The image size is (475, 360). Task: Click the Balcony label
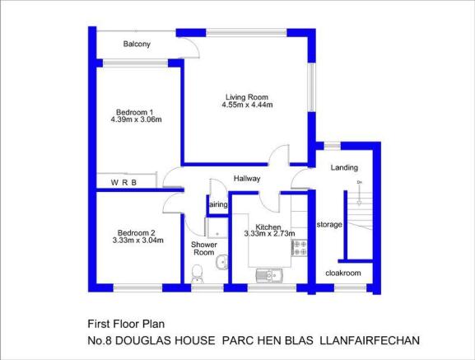[137, 44]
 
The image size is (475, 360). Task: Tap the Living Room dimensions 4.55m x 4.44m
[247, 105]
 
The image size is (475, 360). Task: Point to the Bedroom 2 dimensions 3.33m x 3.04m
[137, 241]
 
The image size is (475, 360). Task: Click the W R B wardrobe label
[123, 183]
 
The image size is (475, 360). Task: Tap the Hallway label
[247, 179]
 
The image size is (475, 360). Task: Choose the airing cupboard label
[218, 204]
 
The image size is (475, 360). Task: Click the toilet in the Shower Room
[198, 274]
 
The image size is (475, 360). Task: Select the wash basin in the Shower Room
[222, 262]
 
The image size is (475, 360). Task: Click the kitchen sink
[269, 275]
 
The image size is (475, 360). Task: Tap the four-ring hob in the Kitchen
[300, 248]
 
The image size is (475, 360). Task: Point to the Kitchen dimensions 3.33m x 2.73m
[270, 234]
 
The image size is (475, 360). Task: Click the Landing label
[344, 168]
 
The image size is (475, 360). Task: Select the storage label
[329, 225]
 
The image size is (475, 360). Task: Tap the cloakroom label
[343, 274]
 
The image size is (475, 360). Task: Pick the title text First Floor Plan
[126, 325]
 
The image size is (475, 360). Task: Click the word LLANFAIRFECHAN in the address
[370, 340]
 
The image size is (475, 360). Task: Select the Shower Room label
[204, 249]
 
